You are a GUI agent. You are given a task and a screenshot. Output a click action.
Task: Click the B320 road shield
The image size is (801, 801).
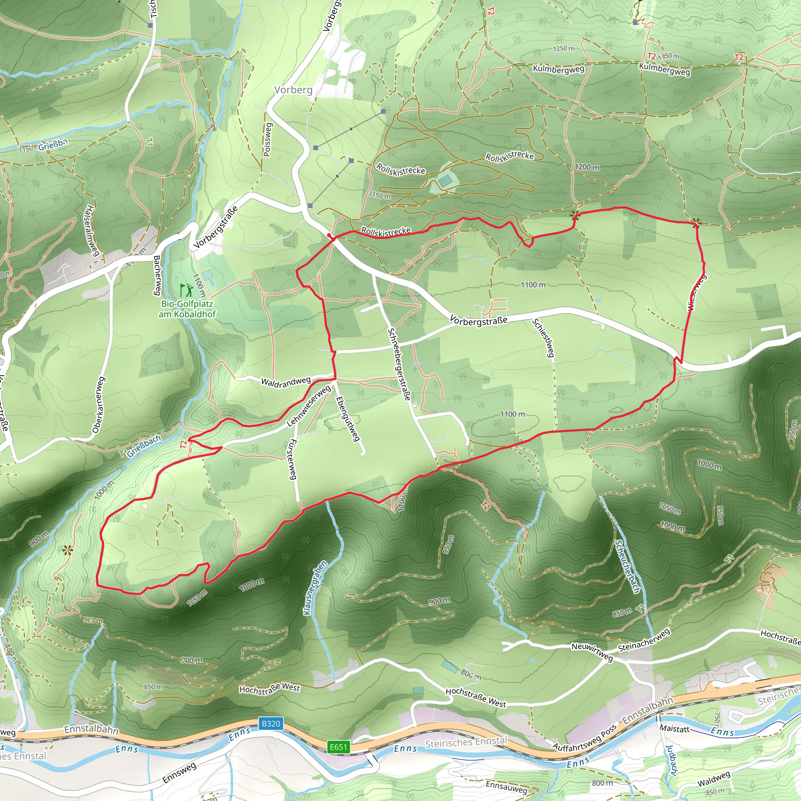tap(271, 724)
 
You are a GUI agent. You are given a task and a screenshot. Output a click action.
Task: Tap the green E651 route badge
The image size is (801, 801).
tap(338, 747)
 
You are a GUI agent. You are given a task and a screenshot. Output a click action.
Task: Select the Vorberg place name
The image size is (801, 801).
tap(293, 90)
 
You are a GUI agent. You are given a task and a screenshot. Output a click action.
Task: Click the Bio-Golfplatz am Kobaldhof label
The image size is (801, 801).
tap(187, 309)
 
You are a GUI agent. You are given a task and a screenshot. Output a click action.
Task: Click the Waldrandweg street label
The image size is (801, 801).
tap(286, 382)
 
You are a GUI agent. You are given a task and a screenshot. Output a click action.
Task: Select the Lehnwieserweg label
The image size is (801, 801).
tap(309, 406)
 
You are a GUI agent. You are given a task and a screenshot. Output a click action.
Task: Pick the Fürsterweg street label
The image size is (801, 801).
tap(292, 460)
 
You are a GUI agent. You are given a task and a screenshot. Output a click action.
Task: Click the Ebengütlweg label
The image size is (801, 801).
tap(347, 419)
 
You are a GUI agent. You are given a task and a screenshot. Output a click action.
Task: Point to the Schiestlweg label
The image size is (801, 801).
tap(544, 338)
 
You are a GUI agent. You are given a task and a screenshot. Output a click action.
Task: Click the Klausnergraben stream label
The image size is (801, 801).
tap(315, 588)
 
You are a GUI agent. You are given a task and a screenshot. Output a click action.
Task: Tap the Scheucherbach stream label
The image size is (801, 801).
tap(627, 566)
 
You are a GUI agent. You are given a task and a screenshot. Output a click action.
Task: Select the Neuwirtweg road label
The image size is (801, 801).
tap(592, 651)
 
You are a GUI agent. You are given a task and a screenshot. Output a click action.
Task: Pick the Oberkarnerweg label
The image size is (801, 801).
tap(99, 405)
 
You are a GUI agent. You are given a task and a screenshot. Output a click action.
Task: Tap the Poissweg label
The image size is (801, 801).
tap(268, 140)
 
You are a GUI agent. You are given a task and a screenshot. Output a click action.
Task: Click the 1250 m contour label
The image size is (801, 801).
tap(564, 48)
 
